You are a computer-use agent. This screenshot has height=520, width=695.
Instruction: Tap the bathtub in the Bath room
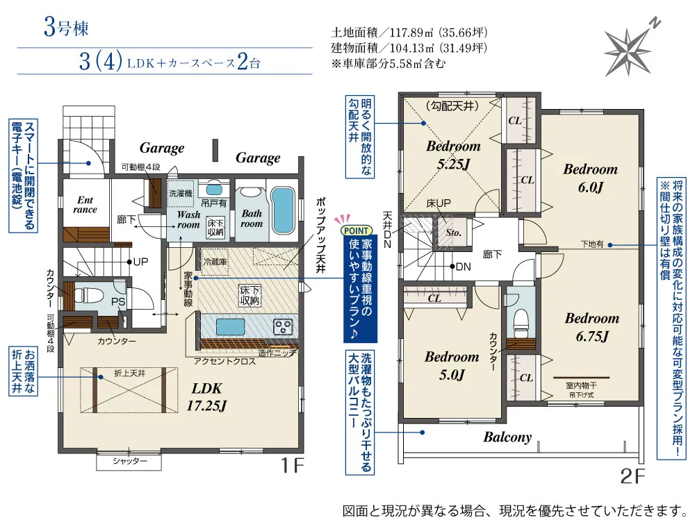pyautogui.click(x=283, y=210)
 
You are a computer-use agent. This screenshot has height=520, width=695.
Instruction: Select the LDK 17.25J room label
pyautogui.click(x=207, y=397)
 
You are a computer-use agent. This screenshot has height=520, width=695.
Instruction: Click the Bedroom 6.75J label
pyautogui.click(x=592, y=327)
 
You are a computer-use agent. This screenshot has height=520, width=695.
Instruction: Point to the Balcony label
pyautogui.click(x=507, y=437)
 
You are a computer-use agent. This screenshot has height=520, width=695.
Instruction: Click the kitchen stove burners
pyautogui.click(x=283, y=327)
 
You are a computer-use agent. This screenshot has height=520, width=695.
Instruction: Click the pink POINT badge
pyautogui.click(x=357, y=230)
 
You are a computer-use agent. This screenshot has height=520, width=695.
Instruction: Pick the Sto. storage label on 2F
pyautogui.click(x=453, y=233)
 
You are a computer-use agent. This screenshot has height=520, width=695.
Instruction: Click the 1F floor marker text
pyautogui.click(x=293, y=466)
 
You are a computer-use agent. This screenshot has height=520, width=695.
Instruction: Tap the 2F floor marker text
pyautogui.click(x=632, y=476)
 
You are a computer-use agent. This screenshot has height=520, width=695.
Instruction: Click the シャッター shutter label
pyautogui.click(x=129, y=461)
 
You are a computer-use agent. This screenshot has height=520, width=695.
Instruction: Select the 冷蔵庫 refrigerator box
pyautogui.click(x=215, y=262)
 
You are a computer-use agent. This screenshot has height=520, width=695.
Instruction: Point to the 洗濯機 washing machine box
pyautogui.click(x=181, y=194)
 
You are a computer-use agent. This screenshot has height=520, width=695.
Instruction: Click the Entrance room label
pyautogui.click(x=85, y=205)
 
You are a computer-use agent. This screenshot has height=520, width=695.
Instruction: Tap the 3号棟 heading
pyautogui.click(x=66, y=28)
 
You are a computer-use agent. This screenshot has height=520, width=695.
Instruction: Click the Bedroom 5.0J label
pyautogui.click(x=452, y=366)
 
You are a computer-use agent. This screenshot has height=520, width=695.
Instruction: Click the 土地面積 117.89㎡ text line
pyautogui.click(x=409, y=33)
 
